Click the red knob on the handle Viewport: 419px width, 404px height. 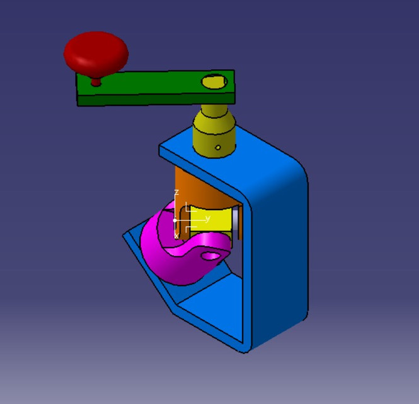click(96, 51)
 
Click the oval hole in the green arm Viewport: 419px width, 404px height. click(214, 81)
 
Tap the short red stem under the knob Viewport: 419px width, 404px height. click(96, 80)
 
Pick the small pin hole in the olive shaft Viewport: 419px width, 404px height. click(217, 148)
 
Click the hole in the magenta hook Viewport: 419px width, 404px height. click(212, 256)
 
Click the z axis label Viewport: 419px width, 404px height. click(176, 192)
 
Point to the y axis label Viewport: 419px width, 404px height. click(207, 218)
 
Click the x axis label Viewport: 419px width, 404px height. click(176, 235)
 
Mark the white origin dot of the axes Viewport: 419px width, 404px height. click(175, 220)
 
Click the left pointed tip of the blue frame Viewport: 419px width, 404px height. click(125, 236)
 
